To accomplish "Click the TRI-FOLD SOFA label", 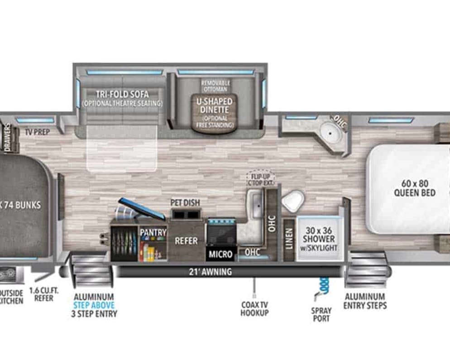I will [122, 99].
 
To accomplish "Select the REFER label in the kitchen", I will [186, 240].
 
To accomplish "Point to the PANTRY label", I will [153, 232].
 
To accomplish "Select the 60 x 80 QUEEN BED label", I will [418, 188].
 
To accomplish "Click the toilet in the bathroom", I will [292, 201].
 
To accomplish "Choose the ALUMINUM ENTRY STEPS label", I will [365, 301].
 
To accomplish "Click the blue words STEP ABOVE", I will [94, 305].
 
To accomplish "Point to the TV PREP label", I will [38, 131].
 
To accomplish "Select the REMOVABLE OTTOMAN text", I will [215, 86].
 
